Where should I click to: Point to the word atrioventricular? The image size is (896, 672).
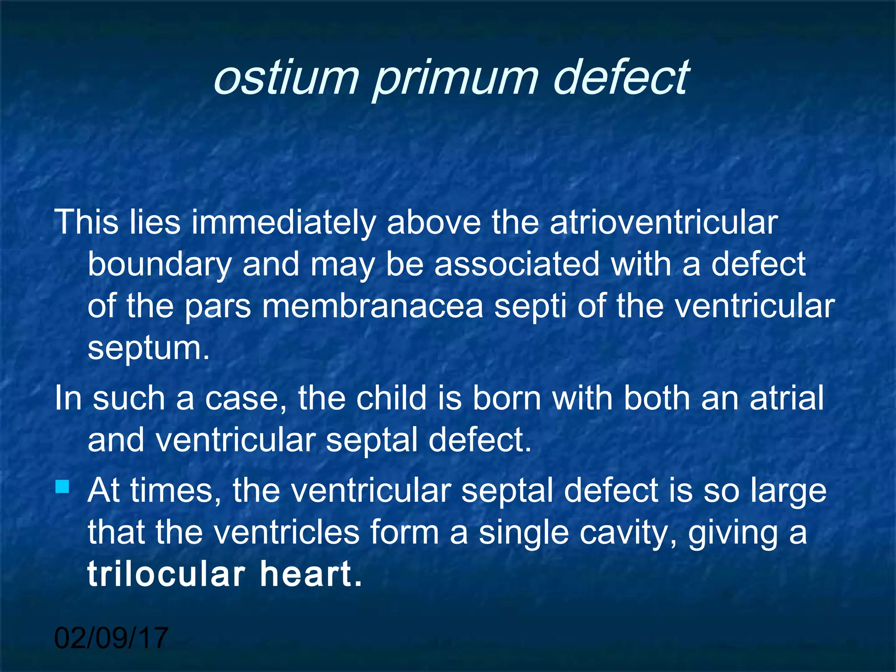coord(663,222)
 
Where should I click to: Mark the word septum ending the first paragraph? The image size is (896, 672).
coord(148,348)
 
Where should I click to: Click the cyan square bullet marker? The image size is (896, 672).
coord(63,486)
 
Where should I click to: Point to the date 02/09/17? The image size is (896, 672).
coord(111,637)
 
